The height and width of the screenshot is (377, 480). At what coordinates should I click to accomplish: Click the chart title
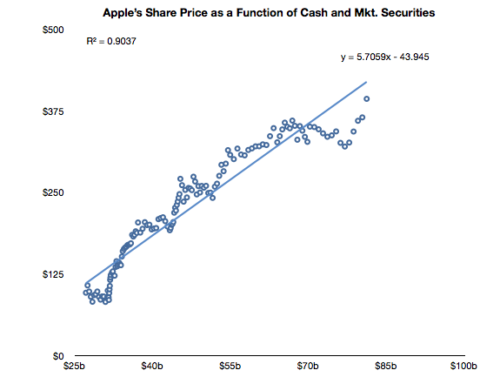pyautogui.click(x=269, y=13)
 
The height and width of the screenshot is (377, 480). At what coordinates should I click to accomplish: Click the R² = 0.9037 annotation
pyautogui.click(x=111, y=41)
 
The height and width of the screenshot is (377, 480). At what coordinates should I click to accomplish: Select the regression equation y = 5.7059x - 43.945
pyautogui.click(x=385, y=57)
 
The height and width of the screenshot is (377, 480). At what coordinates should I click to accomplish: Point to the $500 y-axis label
pyautogui.click(x=53, y=30)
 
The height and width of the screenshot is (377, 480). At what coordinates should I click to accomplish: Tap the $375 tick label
pyautogui.click(x=53, y=111)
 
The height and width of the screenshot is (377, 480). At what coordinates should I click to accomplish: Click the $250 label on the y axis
pyautogui.click(x=53, y=192)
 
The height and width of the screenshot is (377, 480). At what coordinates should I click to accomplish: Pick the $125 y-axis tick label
pyautogui.click(x=53, y=274)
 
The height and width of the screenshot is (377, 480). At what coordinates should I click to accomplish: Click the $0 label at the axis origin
pyautogui.click(x=58, y=356)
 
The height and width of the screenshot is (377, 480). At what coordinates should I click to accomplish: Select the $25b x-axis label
pyautogui.click(x=74, y=366)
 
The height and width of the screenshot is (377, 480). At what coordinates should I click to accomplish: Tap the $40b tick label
pyautogui.click(x=152, y=366)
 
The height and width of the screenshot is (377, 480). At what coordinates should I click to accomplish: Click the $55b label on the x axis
pyautogui.click(x=230, y=366)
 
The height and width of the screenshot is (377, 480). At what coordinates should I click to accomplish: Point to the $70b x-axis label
pyautogui.click(x=308, y=366)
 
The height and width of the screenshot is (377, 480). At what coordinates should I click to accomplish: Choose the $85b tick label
pyautogui.click(x=386, y=366)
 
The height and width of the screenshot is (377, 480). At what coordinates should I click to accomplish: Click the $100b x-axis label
pyautogui.click(x=463, y=366)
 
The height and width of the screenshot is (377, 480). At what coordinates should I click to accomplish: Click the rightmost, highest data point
pyautogui.click(x=366, y=98)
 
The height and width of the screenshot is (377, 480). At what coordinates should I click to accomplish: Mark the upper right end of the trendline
pyautogui.click(x=366, y=82)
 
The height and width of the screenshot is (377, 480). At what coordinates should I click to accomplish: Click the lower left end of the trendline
pyautogui.click(x=87, y=283)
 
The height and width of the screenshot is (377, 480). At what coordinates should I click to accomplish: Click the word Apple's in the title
pyautogui.click(x=122, y=13)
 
